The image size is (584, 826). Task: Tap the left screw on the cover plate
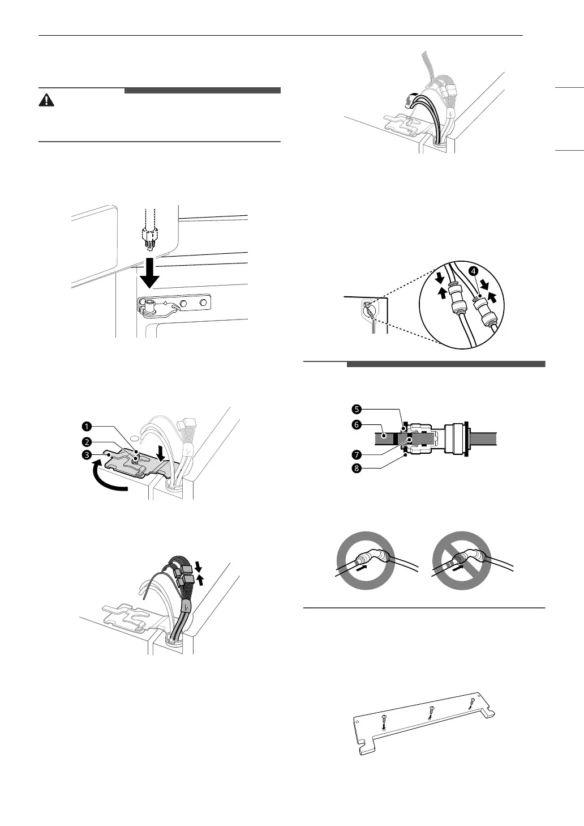(384, 723)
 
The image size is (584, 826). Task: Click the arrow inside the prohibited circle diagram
(459, 565)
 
